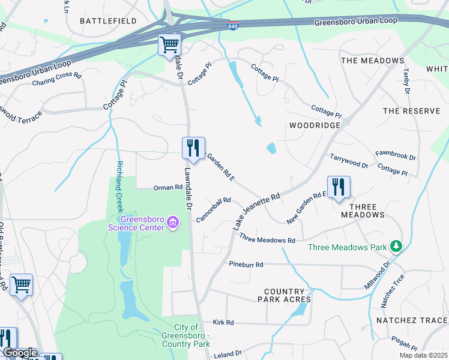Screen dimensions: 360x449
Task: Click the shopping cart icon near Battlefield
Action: (169, 44)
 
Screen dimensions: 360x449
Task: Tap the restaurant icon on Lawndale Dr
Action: (193, 148)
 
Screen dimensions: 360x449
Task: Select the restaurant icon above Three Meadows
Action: (339, 187)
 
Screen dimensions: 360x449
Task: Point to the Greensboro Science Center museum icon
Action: (173, 223)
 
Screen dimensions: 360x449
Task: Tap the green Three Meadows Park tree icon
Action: (396, 247)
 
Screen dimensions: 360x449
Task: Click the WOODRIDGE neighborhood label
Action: (315, 125)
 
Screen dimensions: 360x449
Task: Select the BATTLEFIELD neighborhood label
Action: (109, 21)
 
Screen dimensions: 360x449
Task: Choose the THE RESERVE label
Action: (411, 111)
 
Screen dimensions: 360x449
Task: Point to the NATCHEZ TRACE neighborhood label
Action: (412, 320)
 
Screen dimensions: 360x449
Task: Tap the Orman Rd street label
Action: (167, 187)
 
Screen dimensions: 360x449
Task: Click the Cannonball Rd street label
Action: (213, 209)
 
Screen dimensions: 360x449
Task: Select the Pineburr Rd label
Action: (246, 264)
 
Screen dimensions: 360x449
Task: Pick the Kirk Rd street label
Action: (223, 322)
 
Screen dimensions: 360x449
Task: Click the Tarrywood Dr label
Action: (349, 160)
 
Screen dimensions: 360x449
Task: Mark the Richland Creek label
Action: (119, 187)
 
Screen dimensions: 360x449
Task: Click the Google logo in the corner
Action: (19, 353)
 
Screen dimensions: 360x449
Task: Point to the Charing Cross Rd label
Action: (56, 79)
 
